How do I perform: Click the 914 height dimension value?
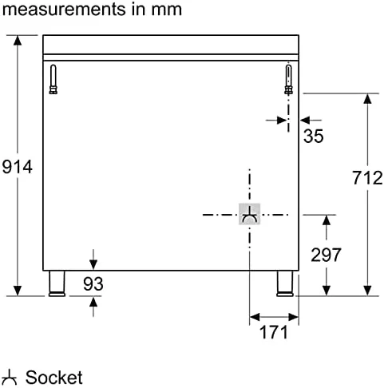[18, 167]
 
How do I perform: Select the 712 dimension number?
[367, 177]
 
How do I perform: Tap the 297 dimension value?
[326, 255]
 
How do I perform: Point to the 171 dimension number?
[274, 332]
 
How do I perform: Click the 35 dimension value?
[314, 136]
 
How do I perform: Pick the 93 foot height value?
[93, 283]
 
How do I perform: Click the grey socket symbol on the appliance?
[249, 214]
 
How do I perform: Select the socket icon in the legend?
[10, 377]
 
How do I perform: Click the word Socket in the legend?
[54, 377]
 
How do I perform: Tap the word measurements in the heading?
[64, 10]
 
